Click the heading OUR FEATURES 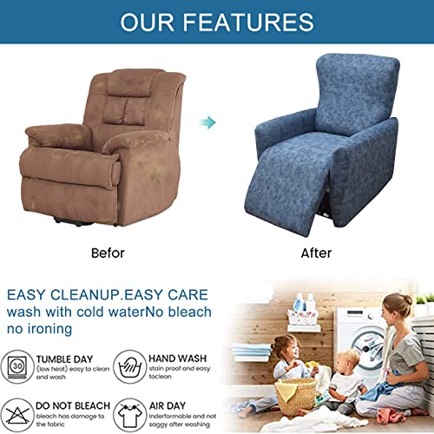(x=217, y=22)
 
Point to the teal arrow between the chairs (x=207, y=123)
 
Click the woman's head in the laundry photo (x=398, y=306)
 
